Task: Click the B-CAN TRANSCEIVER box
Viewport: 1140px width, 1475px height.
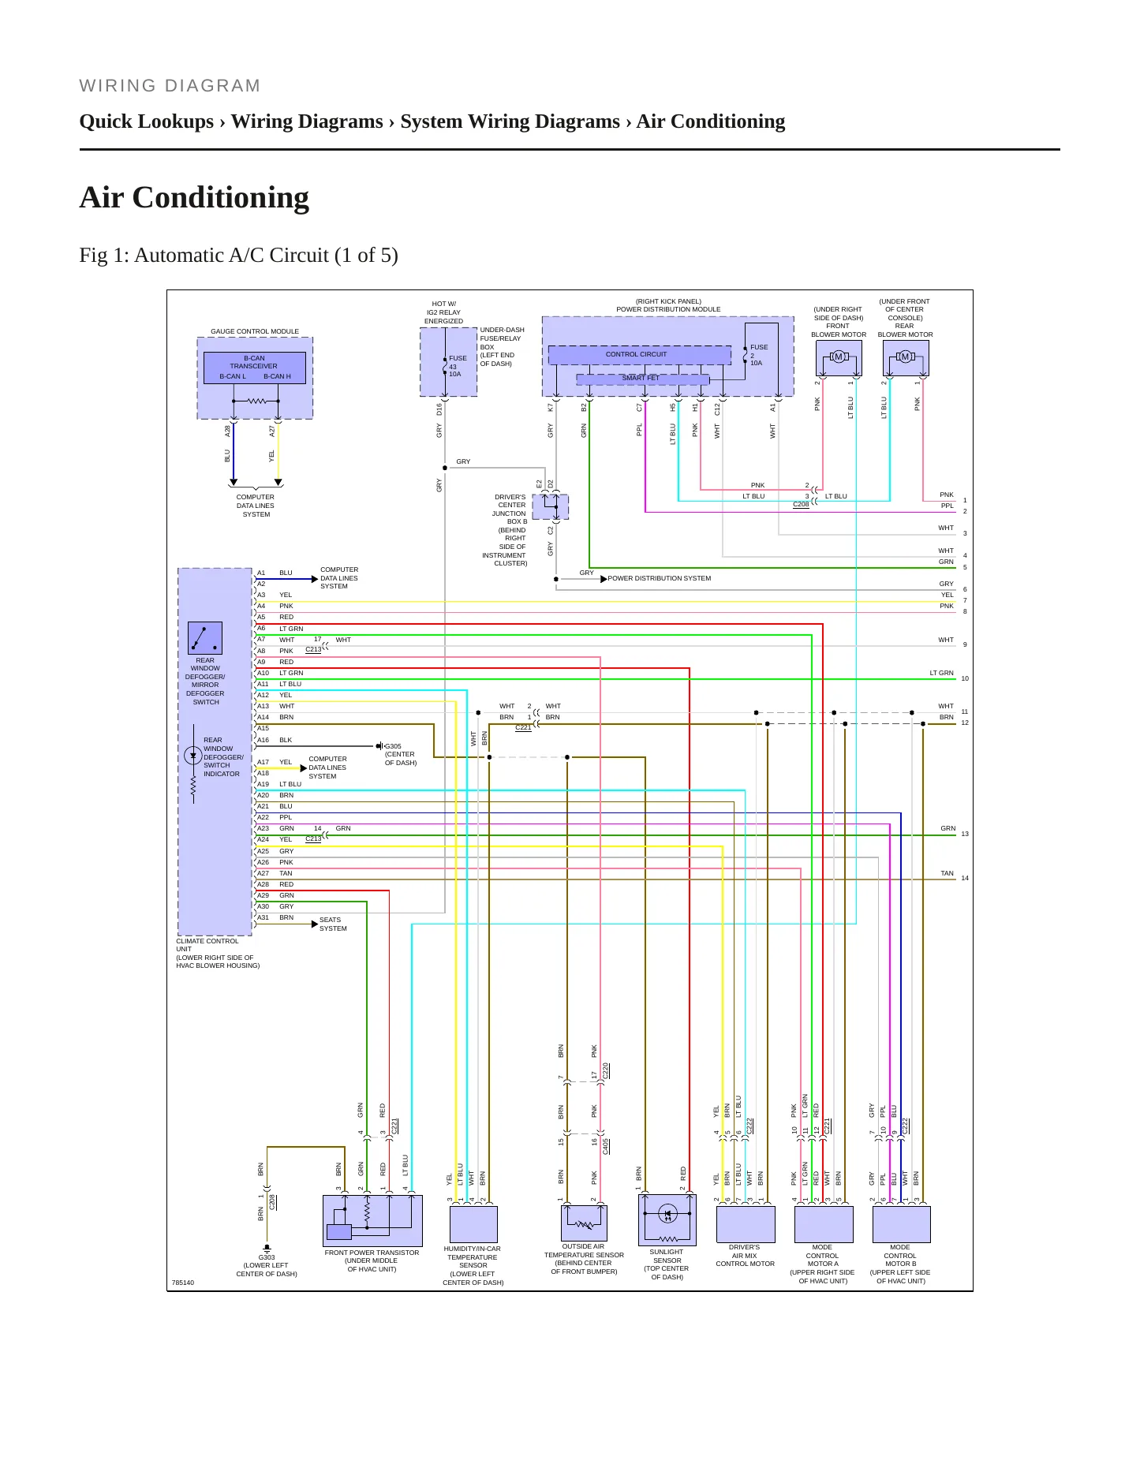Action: coord(254,367)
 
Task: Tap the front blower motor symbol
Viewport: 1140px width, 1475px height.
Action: coord(838,357)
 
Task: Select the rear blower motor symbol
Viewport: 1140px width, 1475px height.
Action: coord(905,357)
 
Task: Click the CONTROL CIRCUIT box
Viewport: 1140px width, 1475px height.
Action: coord(639,355)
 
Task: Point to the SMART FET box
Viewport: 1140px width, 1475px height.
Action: coord(642,379)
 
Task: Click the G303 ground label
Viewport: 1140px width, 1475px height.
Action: coord(267,1257)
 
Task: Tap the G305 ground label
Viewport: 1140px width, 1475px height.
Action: coord(393,746)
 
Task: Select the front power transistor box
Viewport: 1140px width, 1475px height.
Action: coord(372,1221)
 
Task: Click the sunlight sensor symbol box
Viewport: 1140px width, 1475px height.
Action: coord(667,1219)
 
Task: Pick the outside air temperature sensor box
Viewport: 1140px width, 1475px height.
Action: coord(584,1223)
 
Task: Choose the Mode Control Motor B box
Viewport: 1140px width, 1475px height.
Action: coord(901,1224)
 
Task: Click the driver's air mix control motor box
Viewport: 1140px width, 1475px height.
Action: coord(746,1224)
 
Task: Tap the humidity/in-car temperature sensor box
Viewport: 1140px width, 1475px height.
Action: coord(473,1224)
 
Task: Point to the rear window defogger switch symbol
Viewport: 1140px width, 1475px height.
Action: coord(205,638)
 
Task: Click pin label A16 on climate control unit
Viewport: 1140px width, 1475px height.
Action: coord(263,740)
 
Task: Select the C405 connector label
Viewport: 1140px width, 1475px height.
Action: coord(605,1146)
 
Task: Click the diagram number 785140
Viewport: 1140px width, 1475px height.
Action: coord(183,1283)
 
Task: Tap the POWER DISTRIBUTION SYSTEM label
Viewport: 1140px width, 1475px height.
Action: coord(659,578)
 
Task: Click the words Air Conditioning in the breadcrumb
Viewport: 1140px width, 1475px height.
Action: coord(711,121)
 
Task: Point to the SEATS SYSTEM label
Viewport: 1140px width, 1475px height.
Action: coord(333,924)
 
